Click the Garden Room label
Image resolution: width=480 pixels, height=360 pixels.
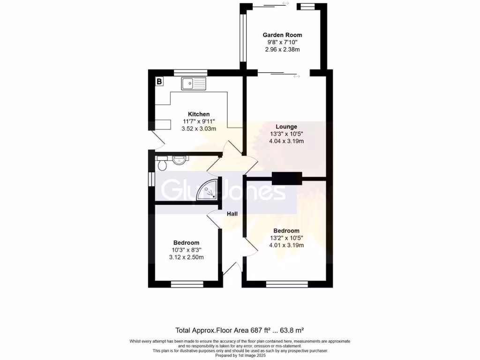pos(282,35)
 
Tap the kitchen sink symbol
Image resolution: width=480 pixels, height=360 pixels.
pos(194,84)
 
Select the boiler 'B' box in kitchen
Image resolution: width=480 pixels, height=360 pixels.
pos(159,82)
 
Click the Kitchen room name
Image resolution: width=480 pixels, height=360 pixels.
pos(199,114)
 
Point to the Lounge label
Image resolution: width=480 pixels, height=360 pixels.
pos(286,127)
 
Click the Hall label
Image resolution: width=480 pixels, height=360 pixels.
pos(232,214)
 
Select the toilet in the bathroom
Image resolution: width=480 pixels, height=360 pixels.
pos(162,164)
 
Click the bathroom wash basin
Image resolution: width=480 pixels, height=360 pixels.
pos(179,160)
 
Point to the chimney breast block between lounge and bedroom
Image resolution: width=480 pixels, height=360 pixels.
pos(287,178)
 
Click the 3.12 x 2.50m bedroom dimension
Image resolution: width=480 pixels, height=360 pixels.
pos(187,257)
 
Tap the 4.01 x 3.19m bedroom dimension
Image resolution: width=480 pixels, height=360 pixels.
pos(286,245)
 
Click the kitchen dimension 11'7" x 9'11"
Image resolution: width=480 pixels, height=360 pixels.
pos(199,121)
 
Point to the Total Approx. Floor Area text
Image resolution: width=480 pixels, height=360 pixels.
pos(240,330)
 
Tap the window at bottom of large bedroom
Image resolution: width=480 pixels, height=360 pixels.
pos(286,284)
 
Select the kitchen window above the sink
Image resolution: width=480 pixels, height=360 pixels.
pos(190,73)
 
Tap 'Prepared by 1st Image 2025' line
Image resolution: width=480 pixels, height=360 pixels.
pos(240,355)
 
